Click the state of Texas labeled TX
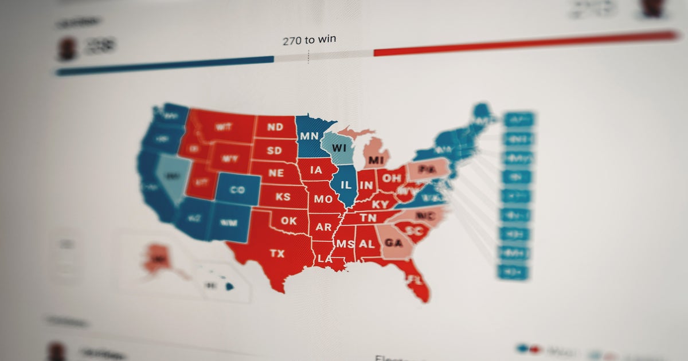tap(277, 253)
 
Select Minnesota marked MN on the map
tap(309, 136)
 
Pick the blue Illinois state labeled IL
tap(346, 186)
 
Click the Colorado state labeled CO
tap(237, 190)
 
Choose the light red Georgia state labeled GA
tap(393, 242)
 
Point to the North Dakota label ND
tap(275, 127)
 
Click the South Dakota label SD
tap(275, 151)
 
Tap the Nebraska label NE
tap(277, 172)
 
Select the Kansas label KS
tap(283, 197)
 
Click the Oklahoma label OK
tap(288, 221)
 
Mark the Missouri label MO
tap(323, 199)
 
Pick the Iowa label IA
tap(316, 170)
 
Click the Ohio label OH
tap(392, 178)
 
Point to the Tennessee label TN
tap(368, 218)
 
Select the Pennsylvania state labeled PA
tap(425, 170)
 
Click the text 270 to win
tap(309, 41)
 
